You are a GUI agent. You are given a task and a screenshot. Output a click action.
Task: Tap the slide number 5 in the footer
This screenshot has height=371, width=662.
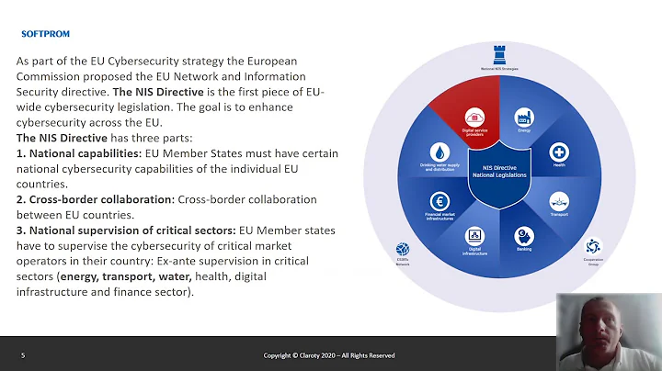click(23, 355)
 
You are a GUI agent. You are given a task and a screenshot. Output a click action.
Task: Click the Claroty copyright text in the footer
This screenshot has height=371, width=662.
click(328, 355)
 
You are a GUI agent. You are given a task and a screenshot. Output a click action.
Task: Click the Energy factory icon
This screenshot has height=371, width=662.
click(524, 118)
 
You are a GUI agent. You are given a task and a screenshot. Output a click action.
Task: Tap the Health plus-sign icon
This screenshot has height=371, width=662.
click(559, 152)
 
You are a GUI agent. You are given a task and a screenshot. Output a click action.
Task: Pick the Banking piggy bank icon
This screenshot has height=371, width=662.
click(523, 234)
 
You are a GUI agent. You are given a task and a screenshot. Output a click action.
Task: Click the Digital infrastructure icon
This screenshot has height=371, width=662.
click(475, 235)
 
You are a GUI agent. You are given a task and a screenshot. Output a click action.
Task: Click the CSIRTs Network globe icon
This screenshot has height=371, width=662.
click(402, 249)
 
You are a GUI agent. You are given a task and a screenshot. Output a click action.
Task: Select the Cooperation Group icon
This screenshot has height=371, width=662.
click(592, 246)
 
